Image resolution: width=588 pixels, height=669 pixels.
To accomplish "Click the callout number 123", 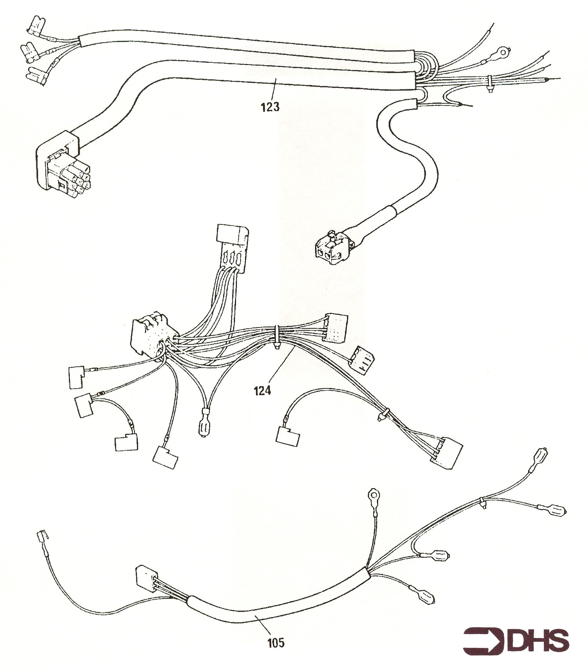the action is point(270,107).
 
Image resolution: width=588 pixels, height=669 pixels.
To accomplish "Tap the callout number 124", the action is point(262,390).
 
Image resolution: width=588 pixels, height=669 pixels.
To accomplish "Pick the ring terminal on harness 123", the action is point(502,51).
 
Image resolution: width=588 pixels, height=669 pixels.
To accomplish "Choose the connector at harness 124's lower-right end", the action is point(448,456).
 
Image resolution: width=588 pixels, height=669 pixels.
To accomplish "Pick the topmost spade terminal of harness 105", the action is point(541,455).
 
